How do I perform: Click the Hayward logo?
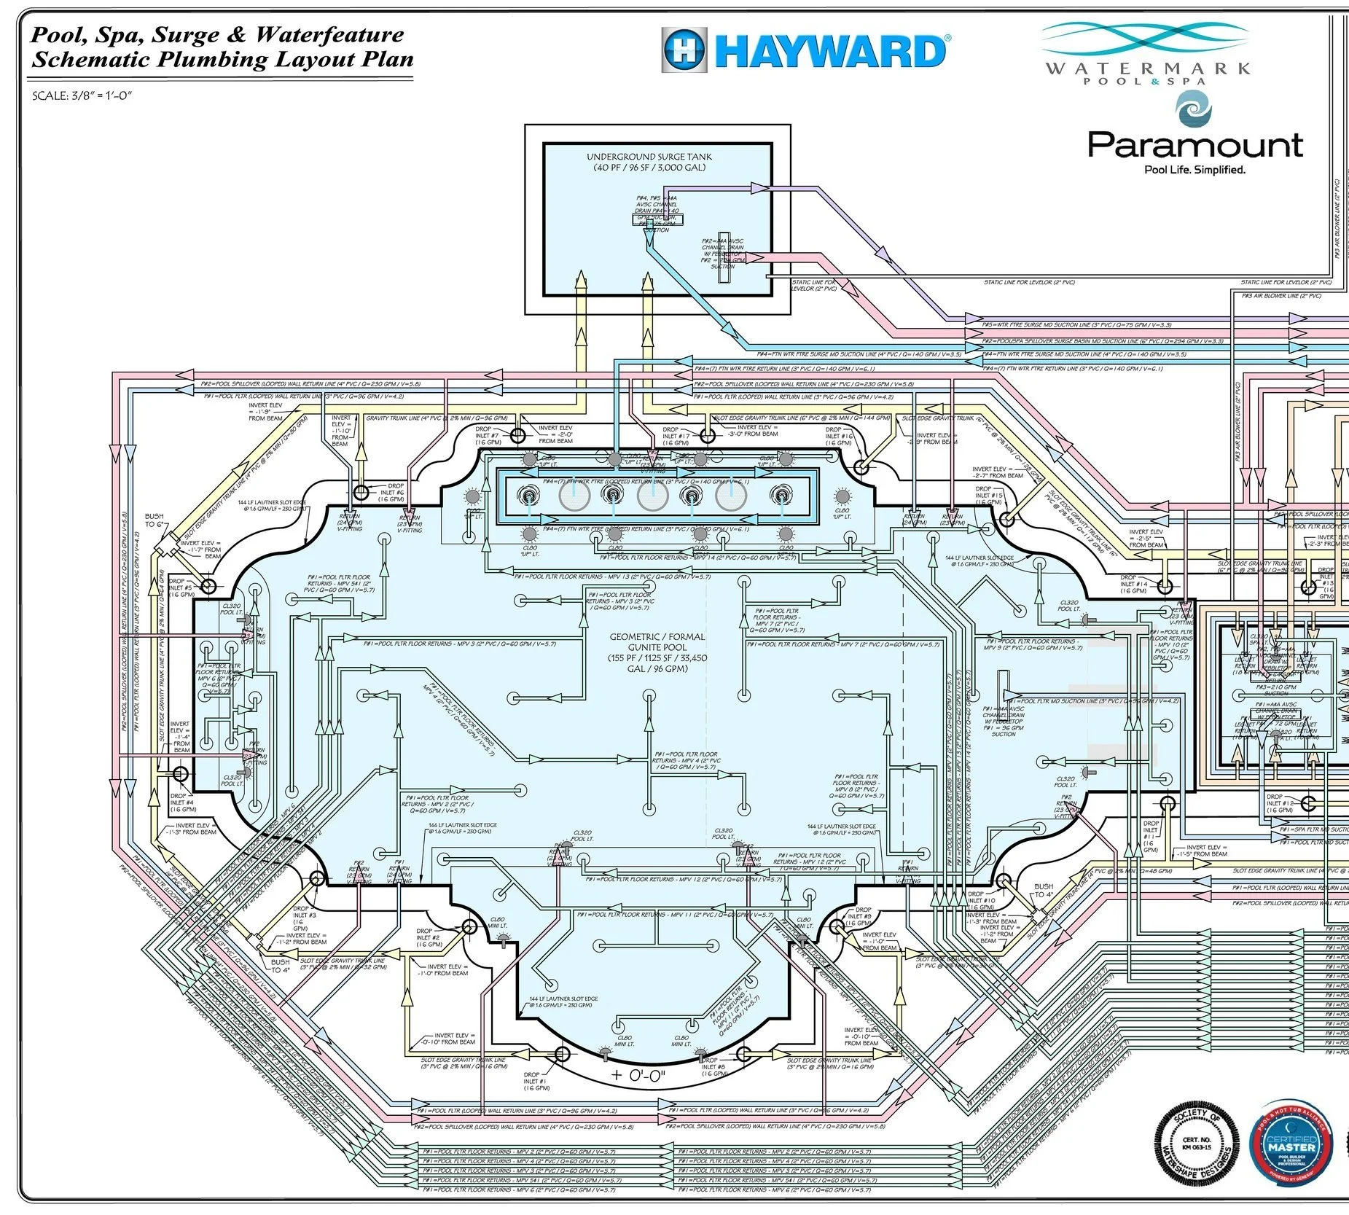[805, 50]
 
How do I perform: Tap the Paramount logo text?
[1194, 146]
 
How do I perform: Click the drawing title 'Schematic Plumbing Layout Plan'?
[222, 60]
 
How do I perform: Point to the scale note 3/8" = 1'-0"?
[82, 95]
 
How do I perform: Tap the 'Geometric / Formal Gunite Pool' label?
[657, 652]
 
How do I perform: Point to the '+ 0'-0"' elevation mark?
[638, 1076]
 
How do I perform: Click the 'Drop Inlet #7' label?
[488, 435]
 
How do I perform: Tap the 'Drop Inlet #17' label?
[676, 436]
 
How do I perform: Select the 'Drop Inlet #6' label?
[391, 493]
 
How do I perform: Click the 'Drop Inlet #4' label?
[182, 802]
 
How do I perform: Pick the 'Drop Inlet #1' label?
[536, 1081]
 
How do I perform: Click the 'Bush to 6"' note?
[154, 520]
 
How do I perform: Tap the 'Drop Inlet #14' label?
[1133, 584]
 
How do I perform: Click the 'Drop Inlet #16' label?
[838, 436]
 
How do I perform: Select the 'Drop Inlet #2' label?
[428, 937]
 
